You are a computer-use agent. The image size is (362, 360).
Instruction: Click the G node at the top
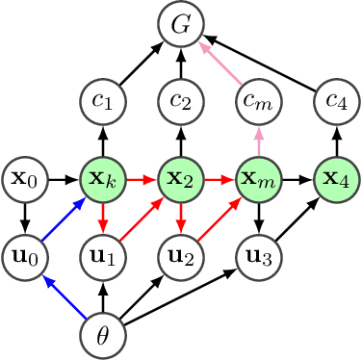click(179, 25)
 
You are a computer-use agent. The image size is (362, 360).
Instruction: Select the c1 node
click(102, 101)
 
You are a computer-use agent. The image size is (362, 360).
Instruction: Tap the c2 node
click(179, 101)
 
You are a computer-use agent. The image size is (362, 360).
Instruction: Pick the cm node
click(257, 101)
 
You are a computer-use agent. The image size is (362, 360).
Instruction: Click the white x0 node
click(25, 178)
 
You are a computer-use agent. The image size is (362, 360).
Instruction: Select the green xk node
click(102, 178)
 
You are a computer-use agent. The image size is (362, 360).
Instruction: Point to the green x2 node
click(179, 178)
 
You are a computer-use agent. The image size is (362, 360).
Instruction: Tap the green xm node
click(257, 178)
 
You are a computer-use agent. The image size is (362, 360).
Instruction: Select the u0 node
click(25, 256)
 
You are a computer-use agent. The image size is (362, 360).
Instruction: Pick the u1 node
click(102, 256)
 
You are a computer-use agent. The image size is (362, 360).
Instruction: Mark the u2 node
click(179, 256)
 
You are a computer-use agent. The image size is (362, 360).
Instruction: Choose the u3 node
click(257, 256)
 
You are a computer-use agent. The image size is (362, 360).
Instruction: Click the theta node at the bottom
click(102, 333)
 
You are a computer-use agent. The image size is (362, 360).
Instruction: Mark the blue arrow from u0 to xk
click(64, 218)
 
